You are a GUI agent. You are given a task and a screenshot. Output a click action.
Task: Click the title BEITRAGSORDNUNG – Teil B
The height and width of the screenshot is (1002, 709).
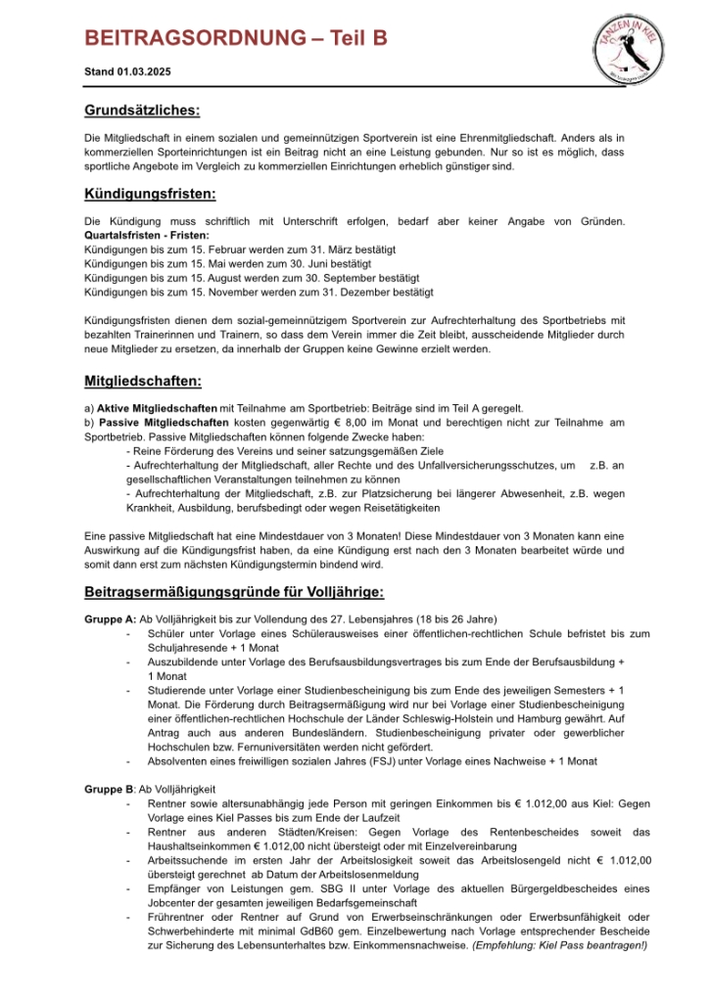(x=236, y=38)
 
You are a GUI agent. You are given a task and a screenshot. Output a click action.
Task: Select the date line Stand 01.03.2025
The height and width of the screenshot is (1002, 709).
(x=127, y=71)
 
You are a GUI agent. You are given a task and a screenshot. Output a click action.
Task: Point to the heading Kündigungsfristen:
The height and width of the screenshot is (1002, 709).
(x=151, y=194)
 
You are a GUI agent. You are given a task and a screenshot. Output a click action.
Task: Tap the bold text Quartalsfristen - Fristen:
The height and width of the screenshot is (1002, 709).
(x=147, y=236)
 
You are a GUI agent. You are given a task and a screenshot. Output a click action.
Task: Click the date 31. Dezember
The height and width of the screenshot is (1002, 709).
(x=350, y=292)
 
